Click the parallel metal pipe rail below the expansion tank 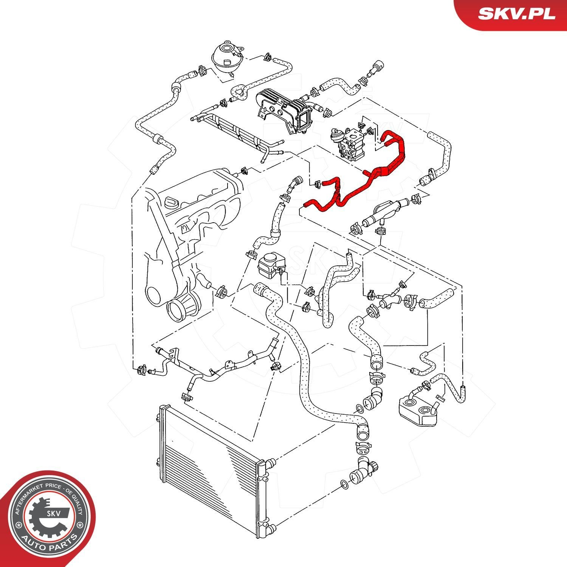pos(238,132)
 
